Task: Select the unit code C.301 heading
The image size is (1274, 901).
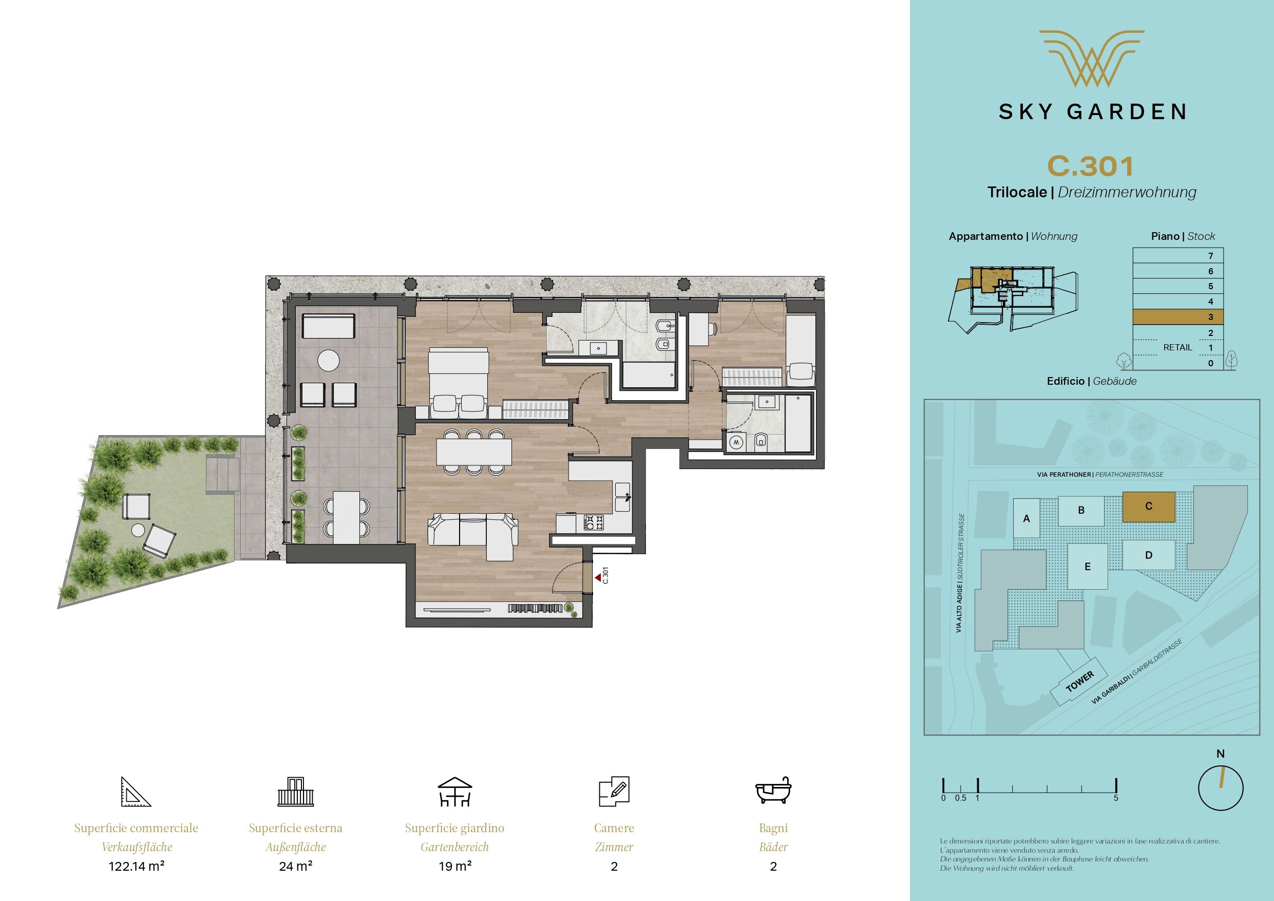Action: pos(1090,166)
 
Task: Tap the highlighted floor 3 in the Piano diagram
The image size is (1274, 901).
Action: pos(1177,317)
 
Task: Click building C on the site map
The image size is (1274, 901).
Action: pos(1149,506)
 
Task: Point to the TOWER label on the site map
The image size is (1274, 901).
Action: pos(1080,681)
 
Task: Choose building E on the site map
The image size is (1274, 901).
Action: pos(1088,566)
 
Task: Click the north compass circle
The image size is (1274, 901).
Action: pos(1221,788)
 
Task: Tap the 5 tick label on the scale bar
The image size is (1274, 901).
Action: pos(1116,798)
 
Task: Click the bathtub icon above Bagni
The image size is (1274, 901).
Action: pos(773,791)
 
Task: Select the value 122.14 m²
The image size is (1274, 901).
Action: pos(137,866)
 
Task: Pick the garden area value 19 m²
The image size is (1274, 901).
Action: pos(455,866)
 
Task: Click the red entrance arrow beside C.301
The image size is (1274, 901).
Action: pos(598,578)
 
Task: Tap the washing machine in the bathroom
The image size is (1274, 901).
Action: pos(736,442)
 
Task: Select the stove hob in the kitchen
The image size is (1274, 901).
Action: pos(594,522)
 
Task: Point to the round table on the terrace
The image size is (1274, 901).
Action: pos(329,360)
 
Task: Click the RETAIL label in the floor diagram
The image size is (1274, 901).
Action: pos(1177,348)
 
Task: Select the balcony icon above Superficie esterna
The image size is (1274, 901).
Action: pos(295,791)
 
